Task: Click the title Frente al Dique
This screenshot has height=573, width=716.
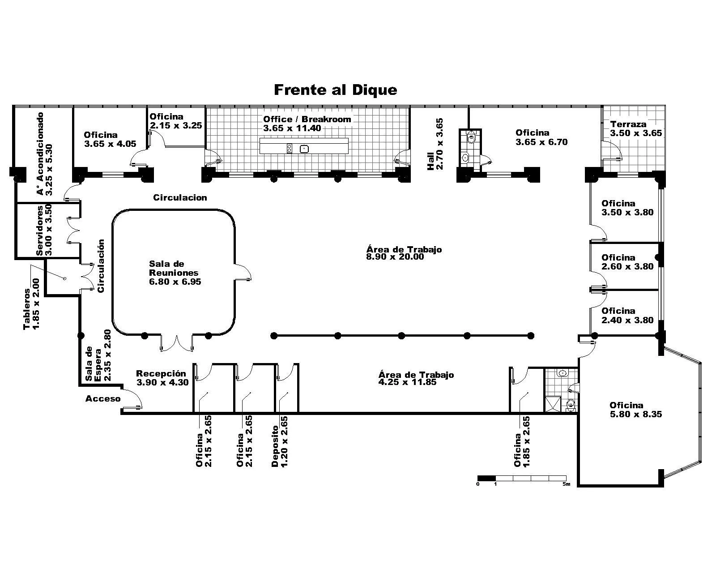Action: tap(335, 90)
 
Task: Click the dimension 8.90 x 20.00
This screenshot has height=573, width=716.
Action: tap(395, 257)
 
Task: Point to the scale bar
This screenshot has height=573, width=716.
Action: tap(522, 479)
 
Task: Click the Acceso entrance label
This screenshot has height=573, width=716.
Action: tap(103, 398)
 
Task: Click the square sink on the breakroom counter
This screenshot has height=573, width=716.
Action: tap(304, 149)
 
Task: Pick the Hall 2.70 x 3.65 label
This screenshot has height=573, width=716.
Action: tap(435, 144)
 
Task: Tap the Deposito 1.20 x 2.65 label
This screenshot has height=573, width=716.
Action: tap(280, 441)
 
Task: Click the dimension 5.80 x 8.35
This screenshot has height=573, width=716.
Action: tap(636, 415)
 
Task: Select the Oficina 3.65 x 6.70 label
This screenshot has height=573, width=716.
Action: tap(541, 137)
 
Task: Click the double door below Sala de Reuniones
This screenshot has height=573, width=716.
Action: tap(177, 343)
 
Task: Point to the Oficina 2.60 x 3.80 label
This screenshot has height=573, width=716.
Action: tap(627, 262)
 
